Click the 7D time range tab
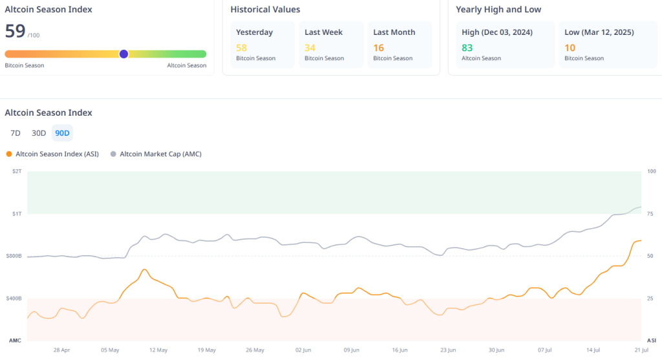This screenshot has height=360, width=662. [16, 133]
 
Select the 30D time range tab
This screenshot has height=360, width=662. [39, 133]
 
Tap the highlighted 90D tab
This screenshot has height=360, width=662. [63, 133]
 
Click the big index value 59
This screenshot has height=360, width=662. [15, 31]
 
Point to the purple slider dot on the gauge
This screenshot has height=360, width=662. [123, 54]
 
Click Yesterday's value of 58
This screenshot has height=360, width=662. [241, 47]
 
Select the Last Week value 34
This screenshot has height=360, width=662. [310, 47]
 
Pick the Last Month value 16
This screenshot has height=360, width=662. [378, 47]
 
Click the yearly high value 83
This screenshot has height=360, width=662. [467, 47]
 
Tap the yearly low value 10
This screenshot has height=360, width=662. [570, 47]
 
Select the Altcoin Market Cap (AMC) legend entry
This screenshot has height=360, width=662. [156, 154]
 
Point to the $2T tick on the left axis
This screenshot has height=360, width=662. [16, 171]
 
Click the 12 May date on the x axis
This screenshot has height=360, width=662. [158, 350]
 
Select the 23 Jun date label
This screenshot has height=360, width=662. [448, 350]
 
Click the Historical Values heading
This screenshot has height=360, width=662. [265, 10]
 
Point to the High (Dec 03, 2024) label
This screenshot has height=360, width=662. [496, 32]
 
